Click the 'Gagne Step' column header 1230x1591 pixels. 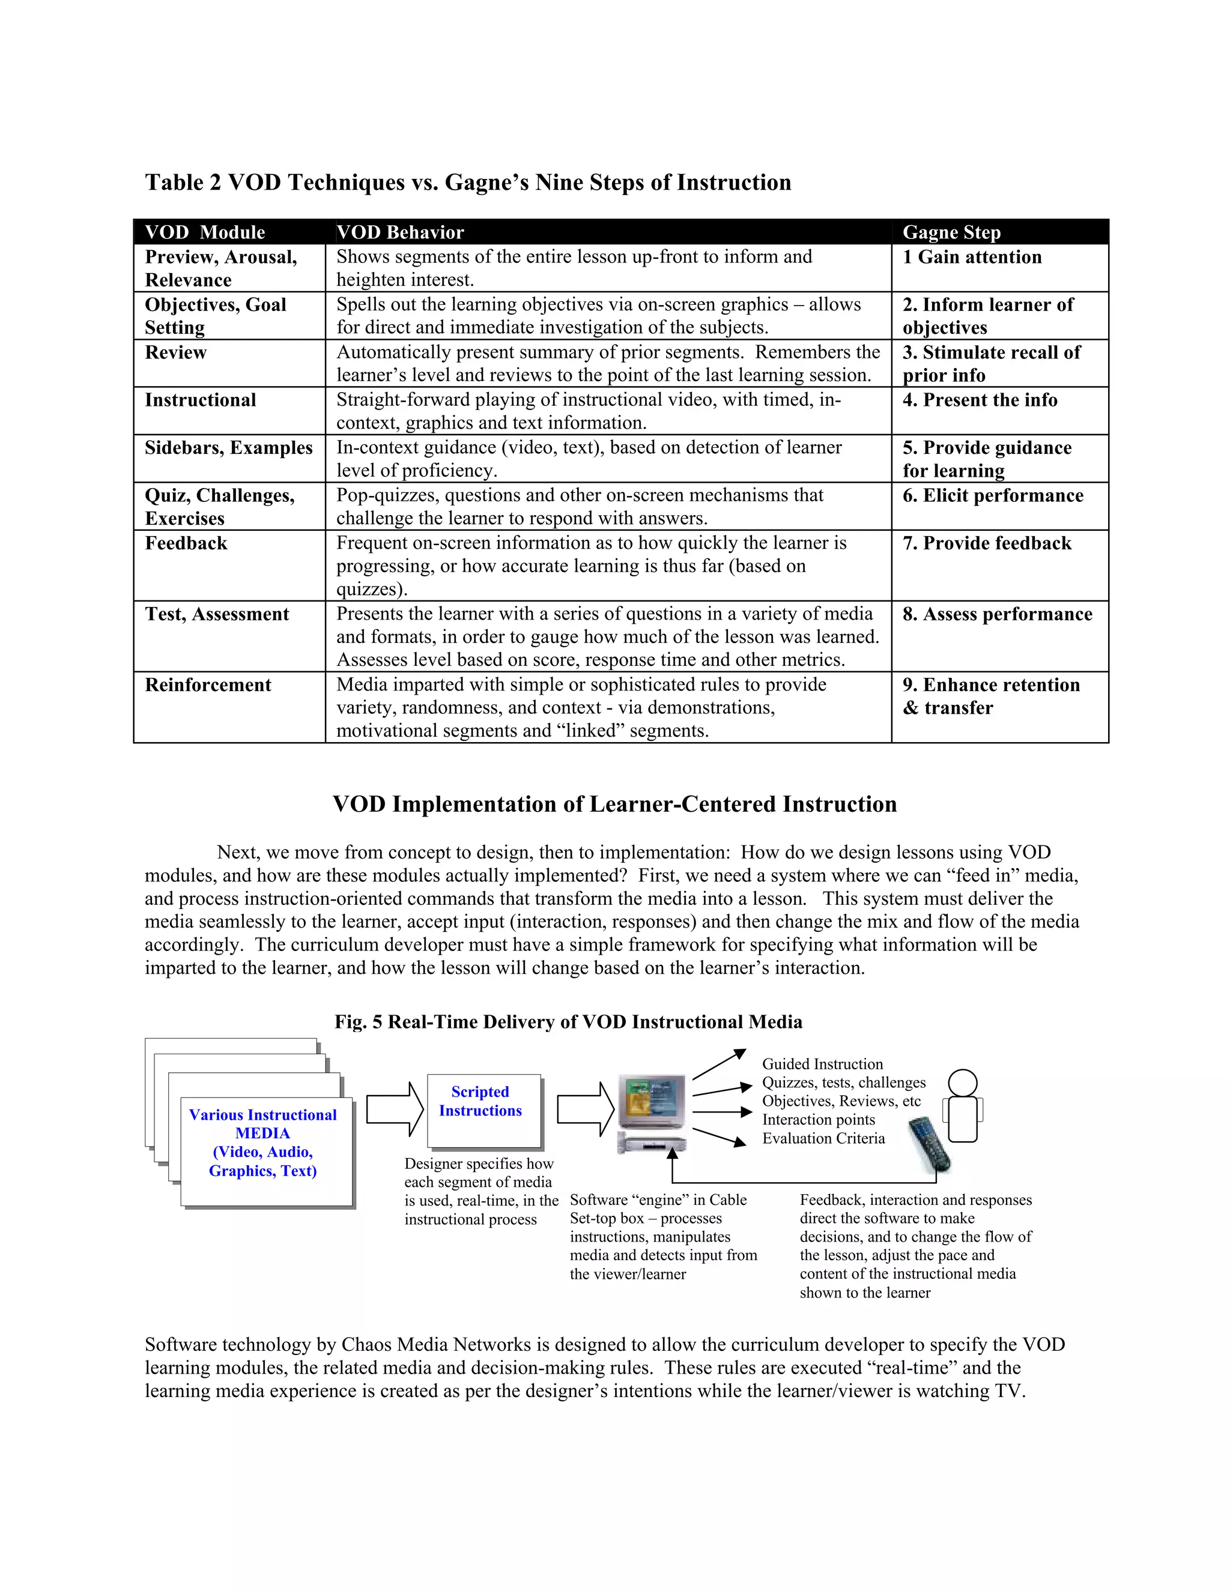pos(951,232)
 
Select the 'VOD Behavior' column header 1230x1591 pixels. pos(400,232)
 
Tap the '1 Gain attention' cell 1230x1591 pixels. pos(972,257)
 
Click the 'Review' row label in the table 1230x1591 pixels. pos(175,352)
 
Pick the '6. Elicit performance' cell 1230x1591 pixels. pos(992,496)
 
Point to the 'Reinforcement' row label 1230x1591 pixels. pos(208,686)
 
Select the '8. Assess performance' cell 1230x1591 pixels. pos(997,615)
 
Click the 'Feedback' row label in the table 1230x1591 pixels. pos(186,543)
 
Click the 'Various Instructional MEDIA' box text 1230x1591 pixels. pos(262,1143)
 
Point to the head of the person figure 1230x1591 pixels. pos(963,1082)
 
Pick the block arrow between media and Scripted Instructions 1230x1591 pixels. pos(394,1109)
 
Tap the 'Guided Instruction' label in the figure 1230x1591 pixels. pos(822,1064)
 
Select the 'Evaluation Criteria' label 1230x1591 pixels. pos(823,1138)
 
